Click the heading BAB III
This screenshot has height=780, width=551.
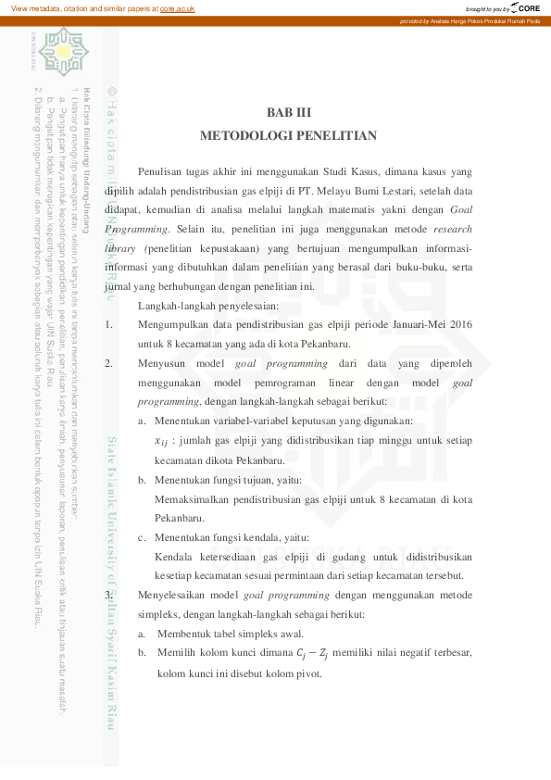(288, 113)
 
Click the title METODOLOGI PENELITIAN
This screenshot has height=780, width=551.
(288, 136)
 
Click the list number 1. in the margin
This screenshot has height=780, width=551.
(109, 325)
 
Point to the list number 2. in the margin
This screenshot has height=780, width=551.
(109, 364)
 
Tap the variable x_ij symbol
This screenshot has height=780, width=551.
(162, 441)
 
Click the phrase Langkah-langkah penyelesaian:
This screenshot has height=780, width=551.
(201, 306)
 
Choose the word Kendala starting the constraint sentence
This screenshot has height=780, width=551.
(173, 557)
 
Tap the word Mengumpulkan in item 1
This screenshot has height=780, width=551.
(178, 325)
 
